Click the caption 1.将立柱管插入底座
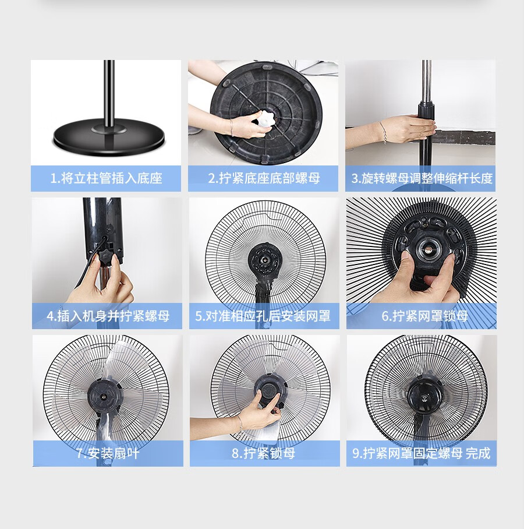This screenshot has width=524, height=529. pyautogui.click(x=106, y=178)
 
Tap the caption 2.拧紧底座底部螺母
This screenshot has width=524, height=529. pyautogui.click(x=264, y=178)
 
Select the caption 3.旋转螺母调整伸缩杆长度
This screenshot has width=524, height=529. pyautogui.click(x=422, y=178)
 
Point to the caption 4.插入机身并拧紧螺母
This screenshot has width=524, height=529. pyautogui.click(x=108, y=316)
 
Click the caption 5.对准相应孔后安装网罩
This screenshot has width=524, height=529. pyautogui.click(x=263, y=316)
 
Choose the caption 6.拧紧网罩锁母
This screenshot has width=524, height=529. pyautogui.click(x=424, y=316)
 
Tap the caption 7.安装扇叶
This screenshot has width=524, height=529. pyautogui.click(x=108, y=453)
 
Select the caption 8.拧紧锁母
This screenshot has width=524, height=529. pyautogui.click(x=263, y=453)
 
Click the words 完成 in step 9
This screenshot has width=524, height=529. pyautogui.click(x=478, y=453)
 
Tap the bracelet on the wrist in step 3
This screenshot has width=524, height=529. pyautogui.click(x=383, y=132)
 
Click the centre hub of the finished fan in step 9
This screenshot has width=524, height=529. pyautogui.click(x=423, y=397)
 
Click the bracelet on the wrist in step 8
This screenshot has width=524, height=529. pyautogui.click(x=240, y=422)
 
